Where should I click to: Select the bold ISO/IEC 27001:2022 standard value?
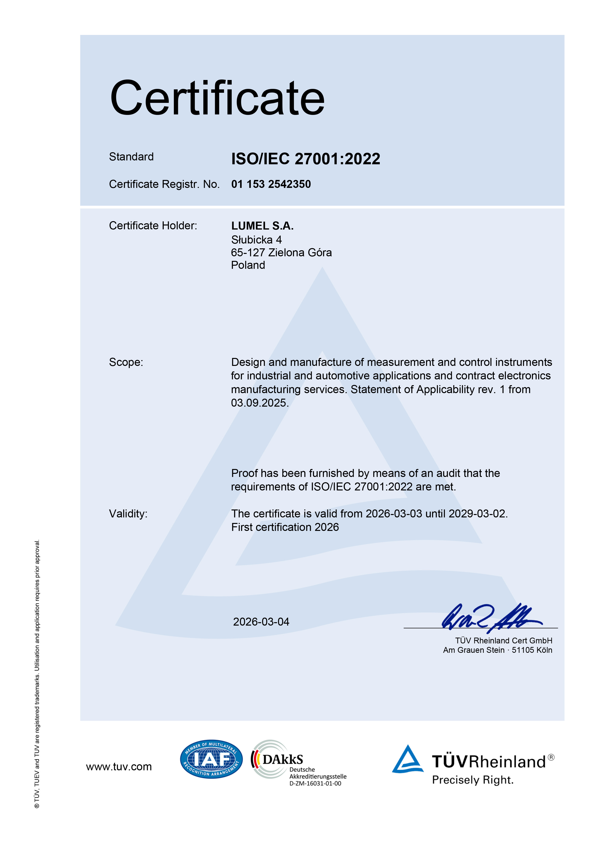[x=306, y=159]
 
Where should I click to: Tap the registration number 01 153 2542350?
[x=271, y=184]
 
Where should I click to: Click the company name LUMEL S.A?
[x=262, y=226]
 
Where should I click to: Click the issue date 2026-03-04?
[x=261, y=622]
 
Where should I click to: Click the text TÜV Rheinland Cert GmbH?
[x=503, y=641]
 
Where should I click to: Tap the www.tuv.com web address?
[x=119, y=767]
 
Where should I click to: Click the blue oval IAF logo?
[x=211, y=759]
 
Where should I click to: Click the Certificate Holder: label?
[x=153, y=226]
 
